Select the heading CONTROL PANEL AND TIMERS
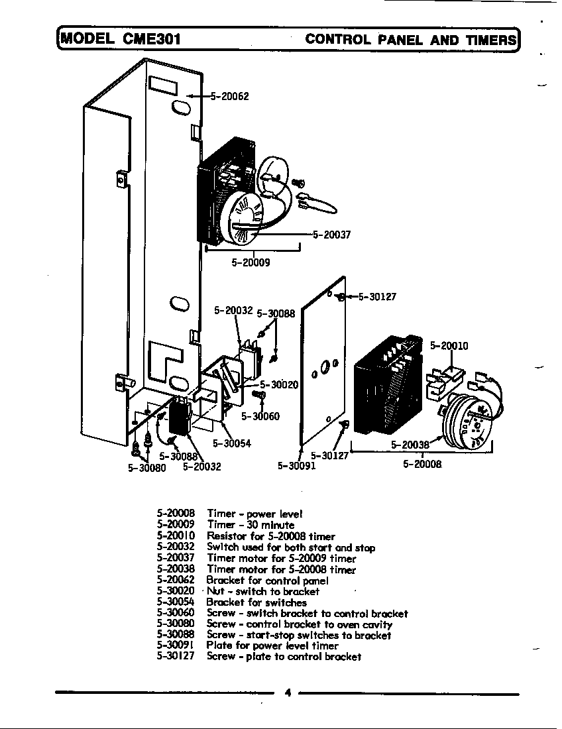[410, 39]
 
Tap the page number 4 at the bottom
[287, 693]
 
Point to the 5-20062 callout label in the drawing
[229, 96]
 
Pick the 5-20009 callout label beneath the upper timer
[251, 262]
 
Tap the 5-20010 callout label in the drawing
[449, 345]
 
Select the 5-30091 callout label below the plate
[296, 465]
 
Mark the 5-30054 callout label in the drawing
[231, 443]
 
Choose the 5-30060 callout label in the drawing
[260, 416]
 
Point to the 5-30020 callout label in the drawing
[278, 384]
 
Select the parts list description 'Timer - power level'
[255, 514]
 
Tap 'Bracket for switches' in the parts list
[256, 602]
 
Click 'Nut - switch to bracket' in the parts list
[263, 591]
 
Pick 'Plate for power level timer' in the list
[272, 645]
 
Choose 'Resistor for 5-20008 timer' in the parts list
[271, 536]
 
